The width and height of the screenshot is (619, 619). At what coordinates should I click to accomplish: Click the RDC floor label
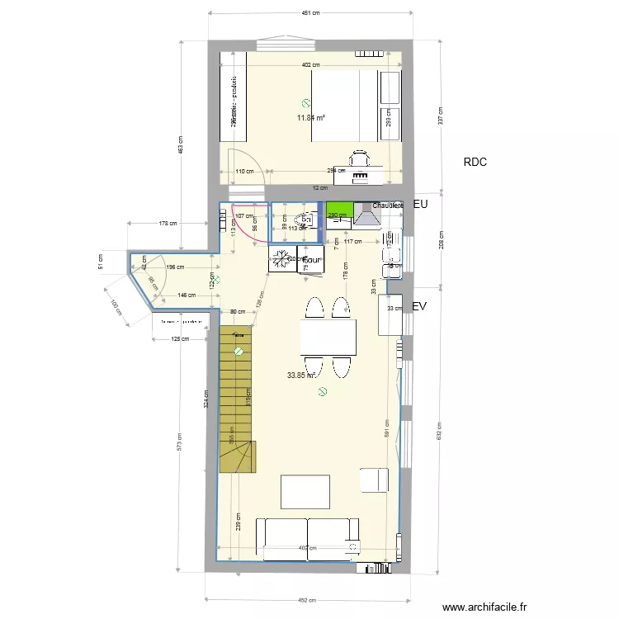tap(475, 163)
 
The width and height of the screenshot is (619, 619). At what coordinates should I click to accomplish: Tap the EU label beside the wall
tap(419, 203)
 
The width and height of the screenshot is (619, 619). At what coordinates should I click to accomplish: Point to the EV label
tap(419, 306)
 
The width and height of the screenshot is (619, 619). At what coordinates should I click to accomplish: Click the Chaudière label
tap(387, 206)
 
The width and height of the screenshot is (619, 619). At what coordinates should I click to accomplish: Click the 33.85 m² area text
tap(300, 375)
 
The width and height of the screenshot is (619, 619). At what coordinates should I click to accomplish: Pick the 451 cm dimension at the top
tap(309, 13)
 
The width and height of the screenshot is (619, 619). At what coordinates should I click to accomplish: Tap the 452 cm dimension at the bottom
tap(307, 600)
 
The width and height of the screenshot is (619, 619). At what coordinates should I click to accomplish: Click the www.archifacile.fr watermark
tap(484, 606)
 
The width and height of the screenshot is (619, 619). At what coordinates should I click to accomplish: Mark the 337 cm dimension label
tap(441, 116)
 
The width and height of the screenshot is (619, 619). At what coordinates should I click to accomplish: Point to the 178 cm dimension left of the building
tap(168, 223)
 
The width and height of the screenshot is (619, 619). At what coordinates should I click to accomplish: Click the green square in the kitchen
tap(339, 210)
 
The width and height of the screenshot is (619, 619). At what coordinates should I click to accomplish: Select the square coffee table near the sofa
tap(305, 491)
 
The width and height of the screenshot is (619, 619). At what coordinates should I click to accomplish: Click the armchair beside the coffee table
tap(374, 480)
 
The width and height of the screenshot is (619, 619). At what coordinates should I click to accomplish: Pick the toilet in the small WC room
tap(305, 221)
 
